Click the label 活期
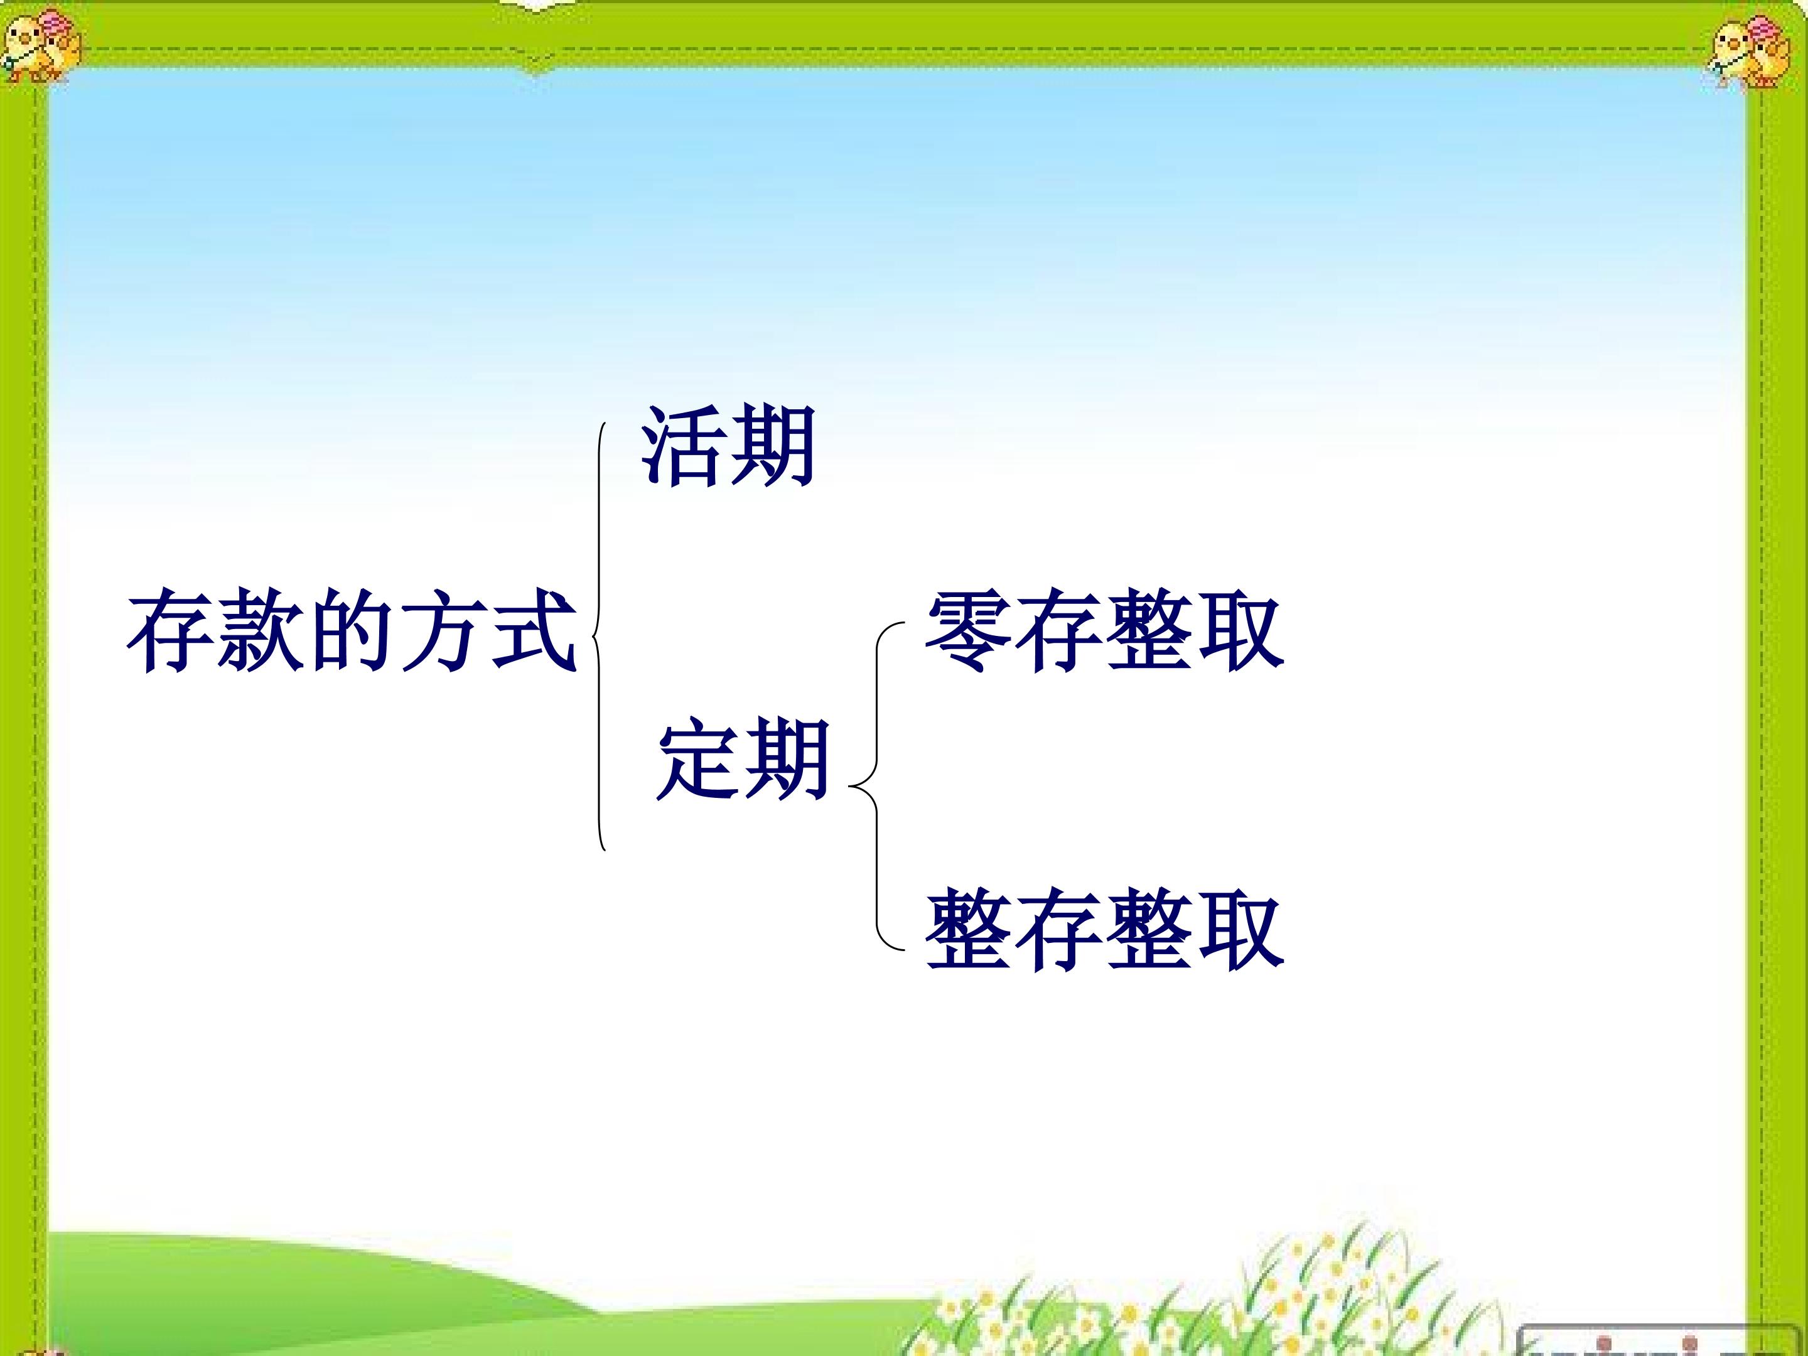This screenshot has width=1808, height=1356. click(x=728, y=446)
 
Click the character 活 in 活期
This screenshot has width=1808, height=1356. click(x=682, y=446)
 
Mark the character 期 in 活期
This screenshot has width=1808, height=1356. click(x=772, y=446)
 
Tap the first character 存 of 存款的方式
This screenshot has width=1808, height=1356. click(x=171, y=630)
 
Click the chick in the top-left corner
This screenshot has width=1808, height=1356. click(x=41, y=46)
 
